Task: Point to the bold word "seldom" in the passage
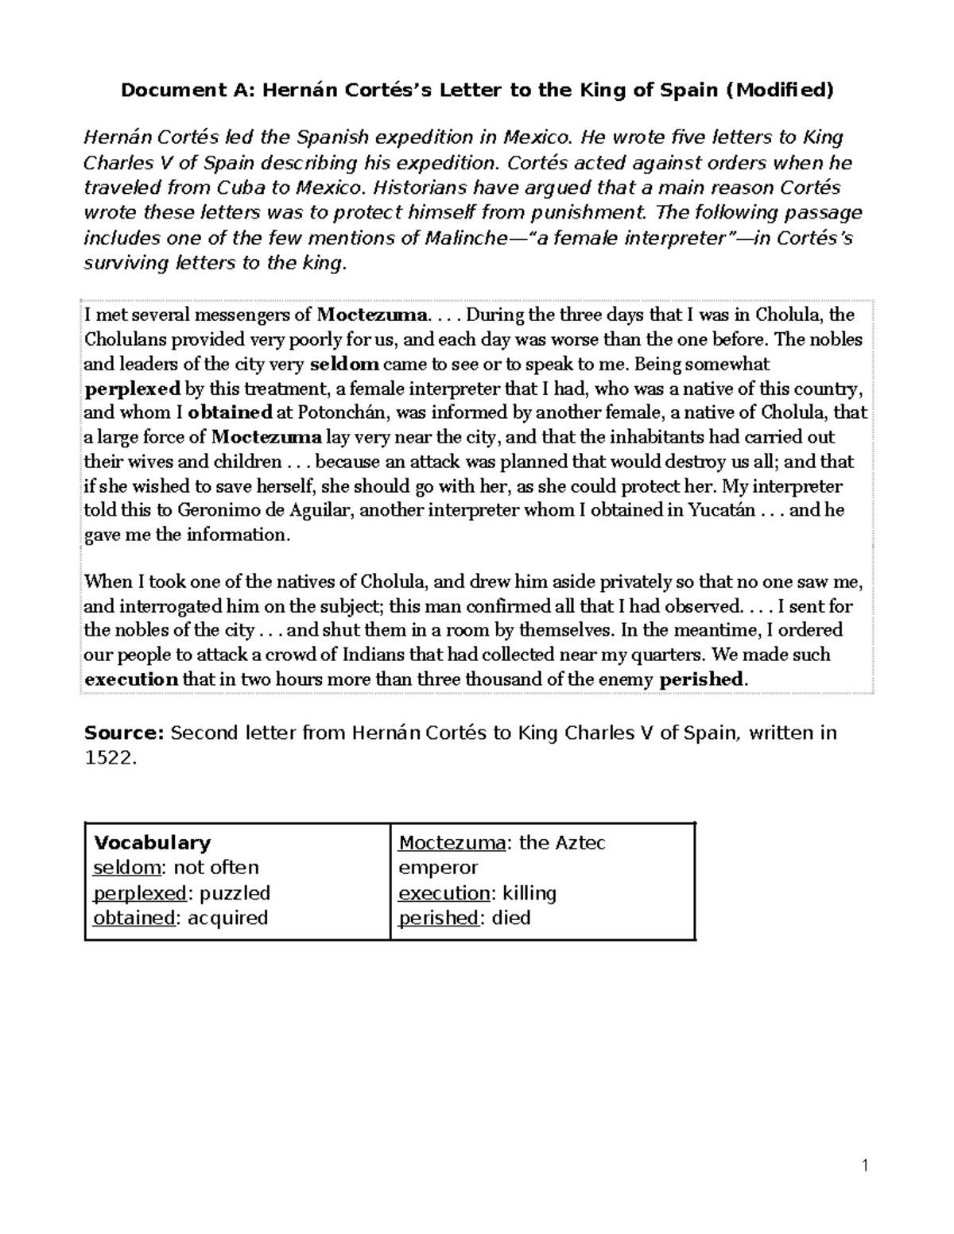(x=344, y=365)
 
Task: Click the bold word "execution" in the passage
(x=131, y=680)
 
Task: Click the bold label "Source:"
(x=124, y=733)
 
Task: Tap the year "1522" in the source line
(x=108, y=758)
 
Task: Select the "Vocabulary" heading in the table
(x=152, y=843)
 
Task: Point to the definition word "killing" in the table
(x=529, y=893)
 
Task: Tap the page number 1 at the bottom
(x=865, y=1166)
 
